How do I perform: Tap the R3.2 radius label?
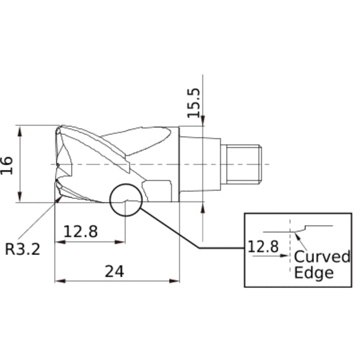tap(22, 249)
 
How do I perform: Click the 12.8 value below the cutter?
tap(82, 233)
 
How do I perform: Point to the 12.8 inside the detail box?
tap(263, 246)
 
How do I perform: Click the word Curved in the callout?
tap(322, 257)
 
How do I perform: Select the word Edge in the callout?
tap(314, 273)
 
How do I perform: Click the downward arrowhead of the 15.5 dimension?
tap(204, 123)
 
